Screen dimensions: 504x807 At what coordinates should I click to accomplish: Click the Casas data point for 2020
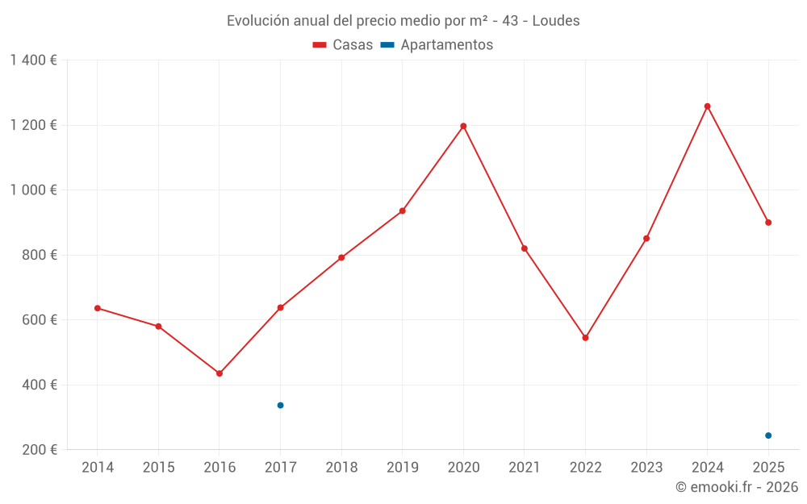(463, 126)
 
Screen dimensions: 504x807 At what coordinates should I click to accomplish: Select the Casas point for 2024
(708, 106)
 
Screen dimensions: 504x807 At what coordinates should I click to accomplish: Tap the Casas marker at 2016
(220, 373)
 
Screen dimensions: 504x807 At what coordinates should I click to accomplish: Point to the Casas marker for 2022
(585, 338)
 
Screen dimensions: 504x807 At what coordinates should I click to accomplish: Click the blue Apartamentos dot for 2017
(280, 405)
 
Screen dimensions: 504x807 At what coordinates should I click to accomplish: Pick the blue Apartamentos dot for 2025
(768, 435)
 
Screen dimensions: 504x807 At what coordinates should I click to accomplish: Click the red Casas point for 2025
(768, 223)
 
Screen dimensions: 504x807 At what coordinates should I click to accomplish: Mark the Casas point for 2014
(98, 308)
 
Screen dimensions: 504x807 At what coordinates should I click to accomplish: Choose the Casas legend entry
(343, 45)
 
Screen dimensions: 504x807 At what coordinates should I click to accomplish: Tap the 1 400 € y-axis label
(33, 60)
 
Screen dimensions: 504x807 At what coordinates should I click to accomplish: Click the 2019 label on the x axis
(402, 468)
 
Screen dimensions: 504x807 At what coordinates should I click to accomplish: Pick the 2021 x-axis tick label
(524, 468)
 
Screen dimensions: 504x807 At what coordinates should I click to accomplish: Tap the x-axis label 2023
(646, 468)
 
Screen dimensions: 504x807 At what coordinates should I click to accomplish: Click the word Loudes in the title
(556, 21)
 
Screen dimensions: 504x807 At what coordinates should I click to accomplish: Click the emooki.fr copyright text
(736, 487)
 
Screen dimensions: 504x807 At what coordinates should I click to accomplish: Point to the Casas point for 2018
(341, 257)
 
